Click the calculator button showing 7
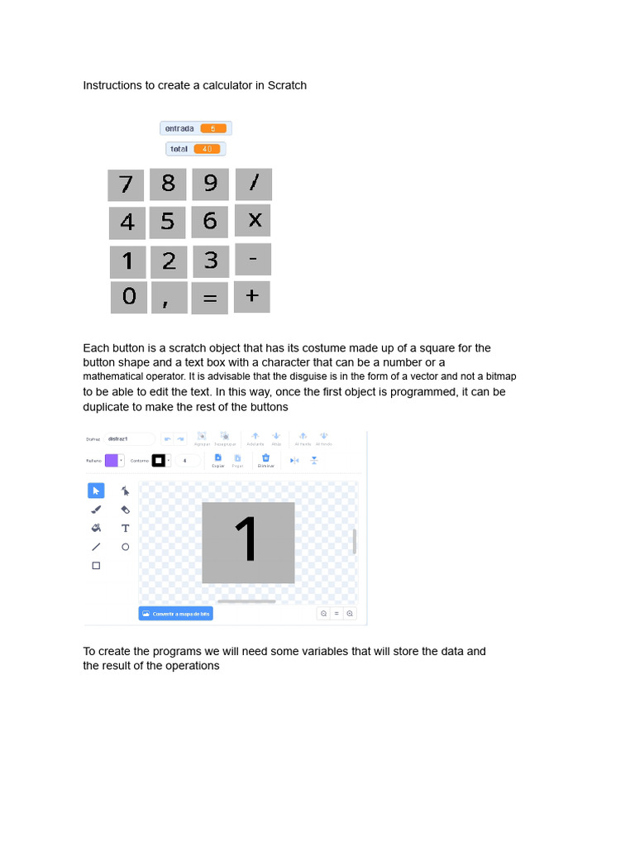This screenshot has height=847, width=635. [126, 184]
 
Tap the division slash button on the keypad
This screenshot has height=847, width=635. [253, 184]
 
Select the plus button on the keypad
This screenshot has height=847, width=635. [252, 296]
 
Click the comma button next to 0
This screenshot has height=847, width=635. [169, 298]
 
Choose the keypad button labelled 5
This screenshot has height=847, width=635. [168, 222]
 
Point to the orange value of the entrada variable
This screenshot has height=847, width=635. [213, 128]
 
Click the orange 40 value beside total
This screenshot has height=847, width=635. [207, 149]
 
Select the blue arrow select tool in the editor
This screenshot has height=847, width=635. [96, 490]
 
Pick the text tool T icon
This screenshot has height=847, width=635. [126, 528]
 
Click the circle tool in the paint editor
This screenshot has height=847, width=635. [126, 547]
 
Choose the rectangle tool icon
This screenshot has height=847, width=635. [96, 566]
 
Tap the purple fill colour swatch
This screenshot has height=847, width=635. [112, 461]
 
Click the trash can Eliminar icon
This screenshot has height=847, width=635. [265, 458]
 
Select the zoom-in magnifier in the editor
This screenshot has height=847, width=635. [350, 614]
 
